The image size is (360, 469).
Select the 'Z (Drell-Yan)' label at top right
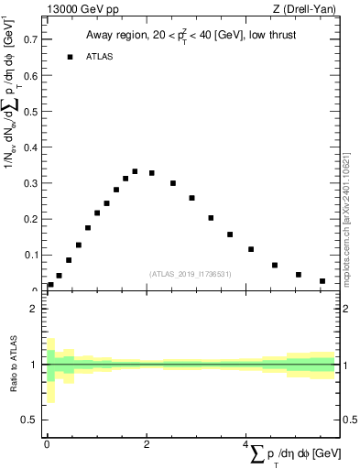[307, 10]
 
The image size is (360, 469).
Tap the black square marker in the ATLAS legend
[69, 56]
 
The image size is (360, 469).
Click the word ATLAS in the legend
[102, 57]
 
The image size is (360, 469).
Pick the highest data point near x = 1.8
[135, 171]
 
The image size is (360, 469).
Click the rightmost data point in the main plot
[322, 281]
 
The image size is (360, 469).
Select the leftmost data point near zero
[50, 285]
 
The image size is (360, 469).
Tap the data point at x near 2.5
[172, 183]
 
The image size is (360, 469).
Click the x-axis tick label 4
[245, 443]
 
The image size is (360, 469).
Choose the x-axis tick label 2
[147, 443]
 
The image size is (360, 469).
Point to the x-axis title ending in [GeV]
[295, 454]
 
